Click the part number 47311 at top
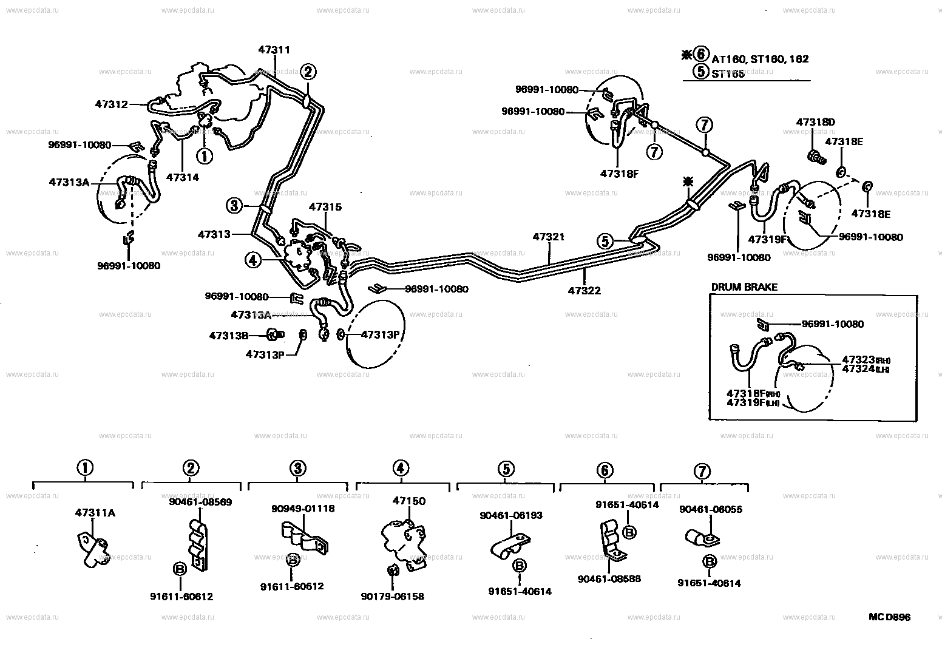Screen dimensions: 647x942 tap(274, 50)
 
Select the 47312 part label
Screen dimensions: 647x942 tap(111, 104)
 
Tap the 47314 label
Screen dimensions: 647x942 tap(182, 177)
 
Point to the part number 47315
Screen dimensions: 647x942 tap(325, 207)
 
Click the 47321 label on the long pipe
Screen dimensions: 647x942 tap(549, 237)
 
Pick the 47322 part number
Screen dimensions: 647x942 tap(584, 291)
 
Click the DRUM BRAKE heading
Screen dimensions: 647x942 tap(744, 287)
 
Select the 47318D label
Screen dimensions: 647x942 tap(815, 122)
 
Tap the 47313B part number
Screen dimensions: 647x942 tap(229, 335)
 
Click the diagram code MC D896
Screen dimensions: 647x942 tap(889, 617)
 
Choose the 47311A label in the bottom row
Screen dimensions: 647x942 tap(95, 512)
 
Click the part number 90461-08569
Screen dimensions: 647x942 tap(200, 502)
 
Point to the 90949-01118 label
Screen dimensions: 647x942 tap(303, 508)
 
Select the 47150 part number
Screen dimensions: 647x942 tap(409, 501)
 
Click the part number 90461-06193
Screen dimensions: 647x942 tap(510, 515)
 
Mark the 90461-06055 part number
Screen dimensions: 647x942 tap(711, 509)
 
